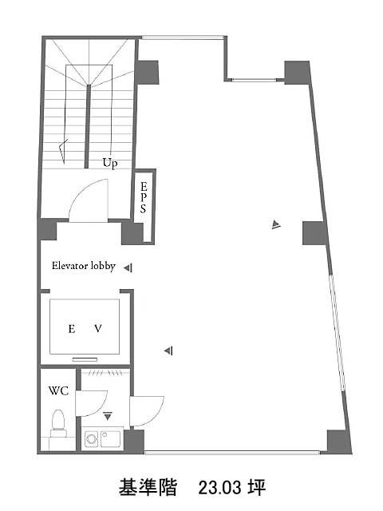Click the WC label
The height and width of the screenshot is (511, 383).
point(58,390)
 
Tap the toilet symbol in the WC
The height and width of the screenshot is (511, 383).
point(58,423)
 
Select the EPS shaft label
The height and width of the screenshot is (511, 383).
point(144,197)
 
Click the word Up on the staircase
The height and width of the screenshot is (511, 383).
point(110,163)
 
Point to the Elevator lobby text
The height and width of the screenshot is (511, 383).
point(84,266)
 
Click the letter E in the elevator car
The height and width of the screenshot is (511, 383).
point(72,329)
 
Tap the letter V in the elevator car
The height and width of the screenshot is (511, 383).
point(98,328)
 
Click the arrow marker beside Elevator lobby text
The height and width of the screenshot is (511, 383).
point(128,268)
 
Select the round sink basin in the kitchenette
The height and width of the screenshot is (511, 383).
point(92,438)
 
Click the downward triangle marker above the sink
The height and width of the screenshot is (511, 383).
point(108,416)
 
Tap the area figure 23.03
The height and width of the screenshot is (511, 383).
point(220,488)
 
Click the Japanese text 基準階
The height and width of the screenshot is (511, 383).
point(148,488)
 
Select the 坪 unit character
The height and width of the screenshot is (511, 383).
point(257,488)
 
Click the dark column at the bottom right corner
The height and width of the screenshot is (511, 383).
point(338,442)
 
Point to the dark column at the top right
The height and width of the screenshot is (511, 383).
point(298,73)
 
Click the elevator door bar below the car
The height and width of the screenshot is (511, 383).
point(85,359)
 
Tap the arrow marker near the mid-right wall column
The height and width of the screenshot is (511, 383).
point(276,224)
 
